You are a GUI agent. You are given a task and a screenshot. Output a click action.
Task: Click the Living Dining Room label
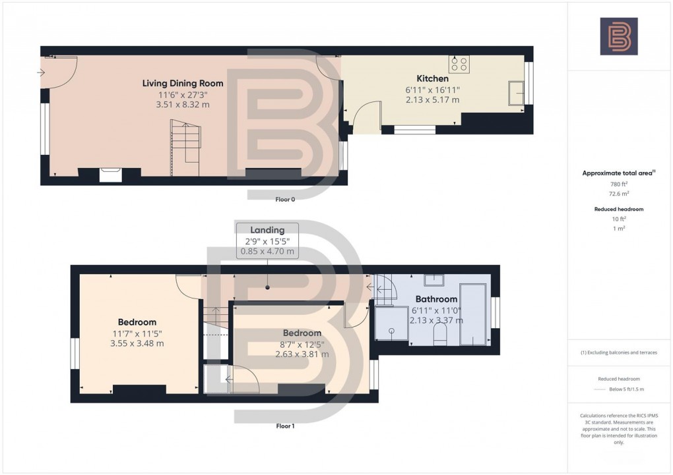[183, 83]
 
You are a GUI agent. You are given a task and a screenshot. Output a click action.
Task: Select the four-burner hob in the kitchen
[459, 64]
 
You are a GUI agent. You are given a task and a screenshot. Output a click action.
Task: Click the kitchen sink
[515, 93]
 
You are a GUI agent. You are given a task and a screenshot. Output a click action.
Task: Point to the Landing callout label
[267, 230]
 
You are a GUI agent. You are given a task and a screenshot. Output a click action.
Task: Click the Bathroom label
[436, 299]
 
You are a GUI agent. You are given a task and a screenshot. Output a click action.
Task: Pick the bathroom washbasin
[433, 281]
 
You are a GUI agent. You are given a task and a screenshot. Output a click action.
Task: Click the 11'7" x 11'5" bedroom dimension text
[137, 333]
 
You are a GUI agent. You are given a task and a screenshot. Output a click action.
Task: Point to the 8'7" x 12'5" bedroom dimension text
[302, 344]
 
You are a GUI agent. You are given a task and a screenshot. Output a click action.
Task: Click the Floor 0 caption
[285, 199]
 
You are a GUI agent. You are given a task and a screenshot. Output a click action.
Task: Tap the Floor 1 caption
[285, 426]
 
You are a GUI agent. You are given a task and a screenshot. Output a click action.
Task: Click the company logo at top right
[618, 36]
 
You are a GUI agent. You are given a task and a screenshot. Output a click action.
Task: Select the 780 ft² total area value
[618, 184]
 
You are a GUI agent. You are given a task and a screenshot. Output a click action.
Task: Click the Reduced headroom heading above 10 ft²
[618, 209]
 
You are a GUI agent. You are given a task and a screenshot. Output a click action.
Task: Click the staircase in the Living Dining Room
[185, 147]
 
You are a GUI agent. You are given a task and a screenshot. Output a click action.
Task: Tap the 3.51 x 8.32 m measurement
[183, 105]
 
